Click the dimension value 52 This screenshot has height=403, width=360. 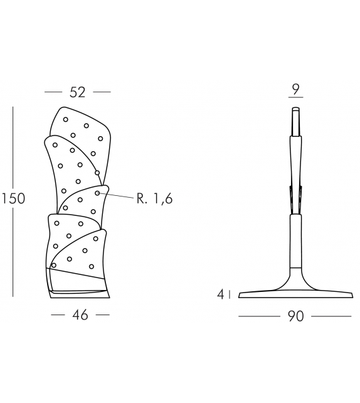[x=77, y=92]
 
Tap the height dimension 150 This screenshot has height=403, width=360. [x=14, y=198]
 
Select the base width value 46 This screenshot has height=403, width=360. [x=80, y=315]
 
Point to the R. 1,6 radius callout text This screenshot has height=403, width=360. [x=154, y=198]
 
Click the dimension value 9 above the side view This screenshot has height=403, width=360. [x=296, y=89]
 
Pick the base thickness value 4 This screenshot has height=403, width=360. [x=221, y=294]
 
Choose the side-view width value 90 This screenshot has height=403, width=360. [x=295, y=316]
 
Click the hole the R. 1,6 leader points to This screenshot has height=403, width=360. [x=97, y=193]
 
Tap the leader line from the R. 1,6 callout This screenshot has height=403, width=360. [x=116, y=195]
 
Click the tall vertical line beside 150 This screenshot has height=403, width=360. [x=13, y=201]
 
